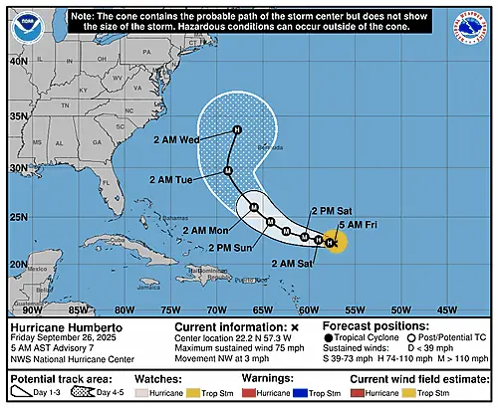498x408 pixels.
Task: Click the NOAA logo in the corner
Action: click(x=24, y=24)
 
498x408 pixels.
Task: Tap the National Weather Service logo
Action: click(x=473, y=24)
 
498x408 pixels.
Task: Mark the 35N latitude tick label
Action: click(x=16, y=114)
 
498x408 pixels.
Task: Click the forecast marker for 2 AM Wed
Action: click(x=237, y=129)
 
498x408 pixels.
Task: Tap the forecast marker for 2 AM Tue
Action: click(x=228, y=171)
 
